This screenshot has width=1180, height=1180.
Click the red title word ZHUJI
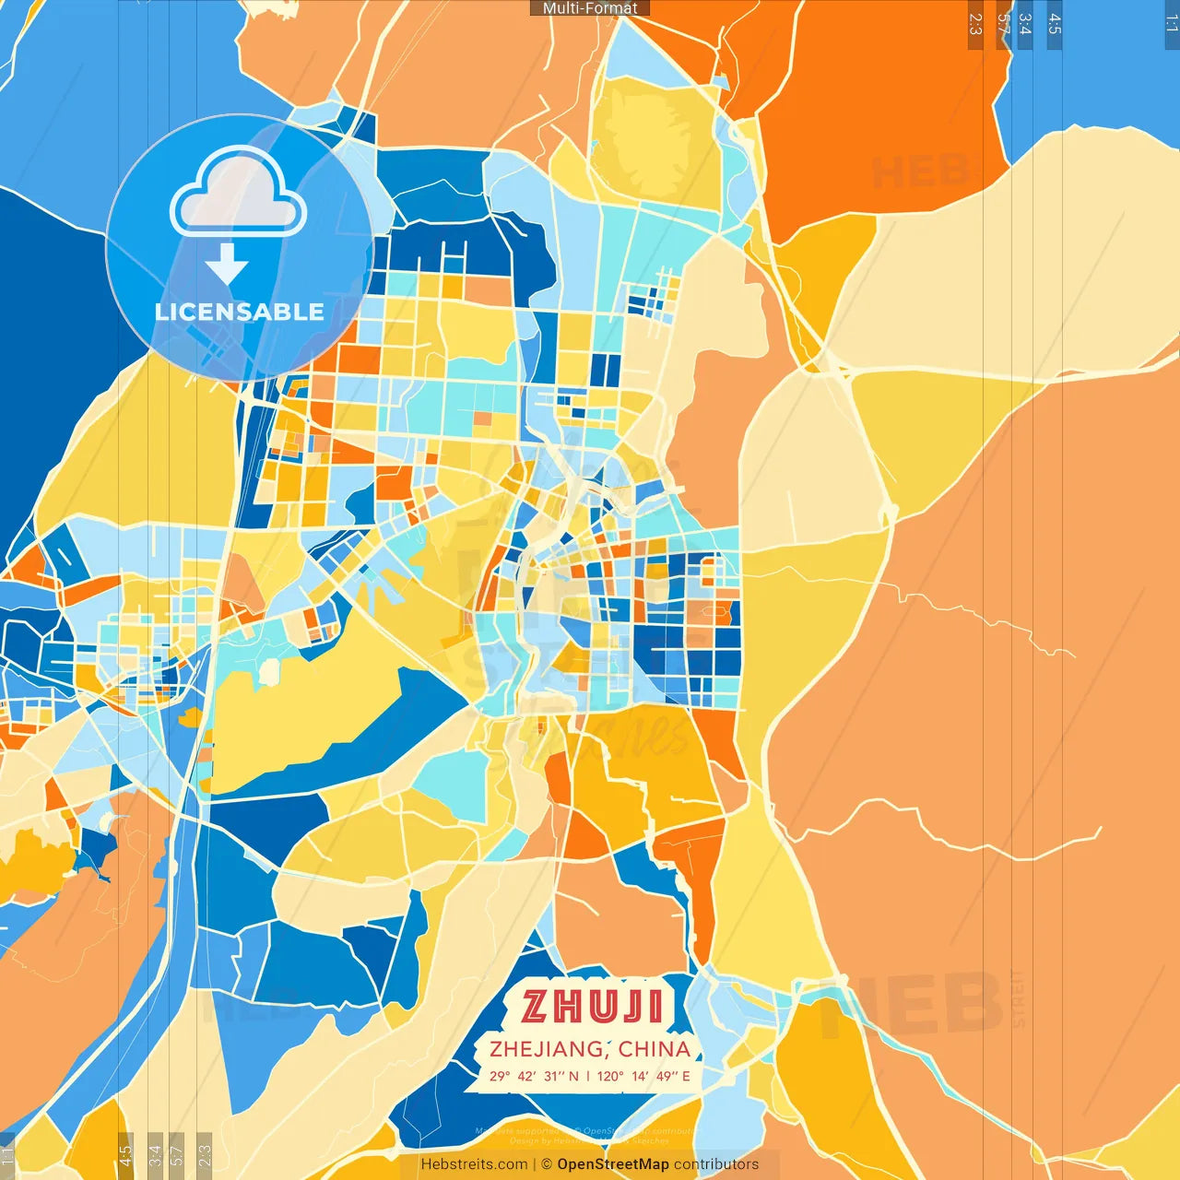point(592,1007)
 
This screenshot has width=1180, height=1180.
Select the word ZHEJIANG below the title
point(548,1049)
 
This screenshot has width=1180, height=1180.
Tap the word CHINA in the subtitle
point(655,1049)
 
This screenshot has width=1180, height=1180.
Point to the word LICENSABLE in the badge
point(240,312)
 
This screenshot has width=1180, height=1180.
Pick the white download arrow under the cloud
point(227,264)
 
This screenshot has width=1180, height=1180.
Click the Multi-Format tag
point(590,8)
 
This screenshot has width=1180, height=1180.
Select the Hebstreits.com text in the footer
point(474,1164)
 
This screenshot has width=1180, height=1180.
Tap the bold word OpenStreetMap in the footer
point(613,1164)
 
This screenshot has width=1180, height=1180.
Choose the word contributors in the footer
point(716,1164)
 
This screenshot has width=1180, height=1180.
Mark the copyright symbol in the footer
point(547,1164)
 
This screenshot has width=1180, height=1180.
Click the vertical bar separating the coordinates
point(588,1076)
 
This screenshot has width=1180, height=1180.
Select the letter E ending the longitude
point(686,1076)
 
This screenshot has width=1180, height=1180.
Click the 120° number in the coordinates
point(610,1076)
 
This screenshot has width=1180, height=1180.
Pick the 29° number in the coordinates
point(500,1076)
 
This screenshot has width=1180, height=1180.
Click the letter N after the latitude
point(573,1076)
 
